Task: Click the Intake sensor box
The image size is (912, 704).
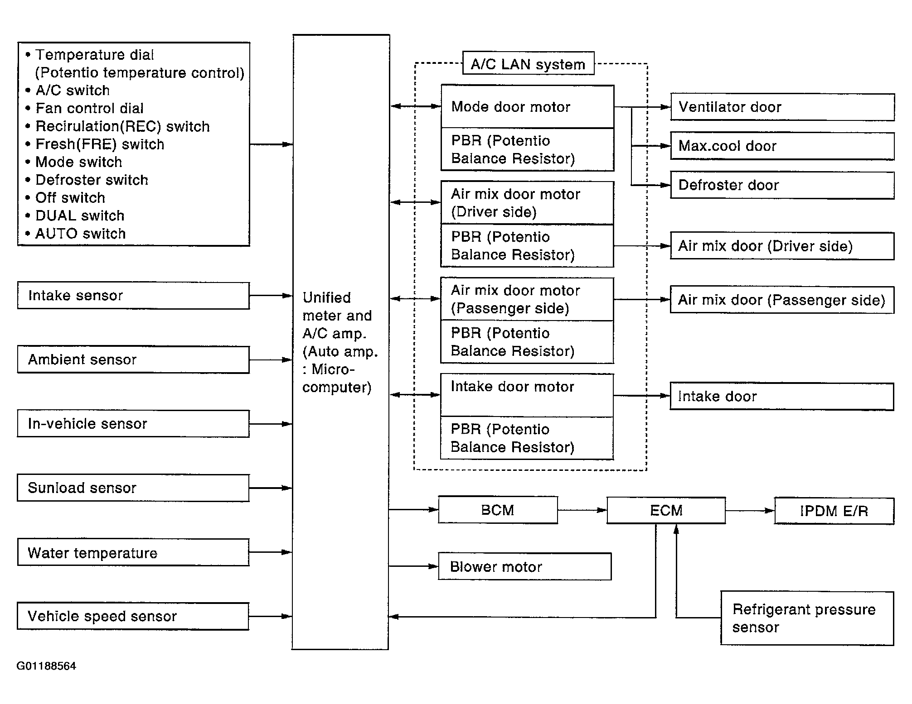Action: (133, 296)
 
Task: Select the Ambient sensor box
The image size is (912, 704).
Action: (133, 360)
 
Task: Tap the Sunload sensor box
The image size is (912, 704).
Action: (133, 488)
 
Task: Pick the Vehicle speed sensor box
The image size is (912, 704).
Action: (133, 616)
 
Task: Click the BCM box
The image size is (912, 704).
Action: (498, 510)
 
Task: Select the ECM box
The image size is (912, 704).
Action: (666, 511)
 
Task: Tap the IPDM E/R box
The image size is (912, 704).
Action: (834, 511)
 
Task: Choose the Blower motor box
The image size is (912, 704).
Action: (525, 566)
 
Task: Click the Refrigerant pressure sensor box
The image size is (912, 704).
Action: (807, 618)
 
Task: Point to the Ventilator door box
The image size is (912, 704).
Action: (783, 107)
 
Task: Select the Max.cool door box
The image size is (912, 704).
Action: (783, 146)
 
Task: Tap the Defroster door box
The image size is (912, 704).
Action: (783, 185)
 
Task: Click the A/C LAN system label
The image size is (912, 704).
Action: (529, 63)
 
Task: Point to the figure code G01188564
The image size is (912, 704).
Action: (46, 666)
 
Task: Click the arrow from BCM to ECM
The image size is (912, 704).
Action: (582, 510)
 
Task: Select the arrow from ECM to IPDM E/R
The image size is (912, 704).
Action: (750, 511)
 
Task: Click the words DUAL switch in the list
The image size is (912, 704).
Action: (80, 216)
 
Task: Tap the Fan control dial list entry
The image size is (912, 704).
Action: (90, 108)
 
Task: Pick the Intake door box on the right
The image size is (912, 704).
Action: (782, 397)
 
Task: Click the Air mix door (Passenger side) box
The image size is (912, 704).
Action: (782, 300)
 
